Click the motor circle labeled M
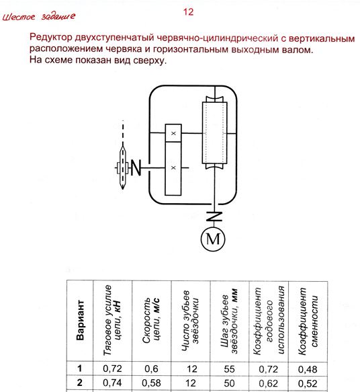pos(213,239)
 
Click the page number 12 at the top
pos(188,11)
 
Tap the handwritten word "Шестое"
pos(19,17)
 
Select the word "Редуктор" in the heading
pos(51,38)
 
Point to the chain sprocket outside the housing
pos(123,167)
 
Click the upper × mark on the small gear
pos(173,134)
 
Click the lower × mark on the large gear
pos(173,167)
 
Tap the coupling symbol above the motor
pos(214,217)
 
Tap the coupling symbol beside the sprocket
pos(136,167)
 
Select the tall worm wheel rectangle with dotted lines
pos(214,132)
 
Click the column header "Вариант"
pos(80,320)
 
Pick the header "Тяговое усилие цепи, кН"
pos(112,320)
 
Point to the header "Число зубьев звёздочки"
pos(190,321)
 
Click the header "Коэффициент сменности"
pos(308,321)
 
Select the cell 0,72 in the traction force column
pos(112,368)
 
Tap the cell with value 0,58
pos(151,383)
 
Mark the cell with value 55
pos(230,369)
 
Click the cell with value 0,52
pos(308,383)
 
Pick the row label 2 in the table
pos(80,383)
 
